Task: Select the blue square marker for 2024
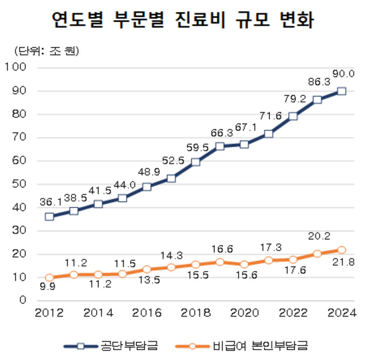[342, 91]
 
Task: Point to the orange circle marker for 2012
[49, 278]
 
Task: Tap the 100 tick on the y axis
[19, 68]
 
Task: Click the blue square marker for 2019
[220, 146]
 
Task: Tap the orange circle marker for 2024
[342, 250]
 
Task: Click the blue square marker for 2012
[49, 217]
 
